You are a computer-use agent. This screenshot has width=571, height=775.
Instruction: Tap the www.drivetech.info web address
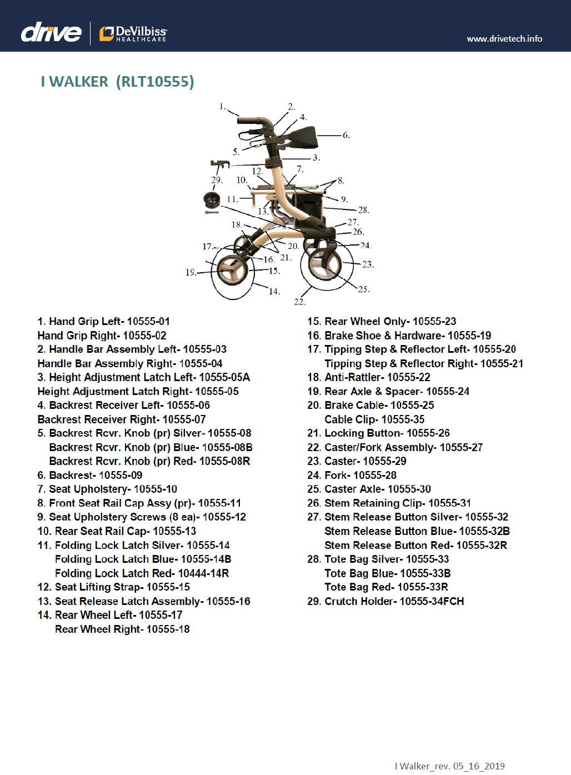coord(504,39)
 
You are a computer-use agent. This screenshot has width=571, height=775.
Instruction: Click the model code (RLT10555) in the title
coord(155,82)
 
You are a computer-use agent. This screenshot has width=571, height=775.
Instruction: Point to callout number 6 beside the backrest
coord(346,135)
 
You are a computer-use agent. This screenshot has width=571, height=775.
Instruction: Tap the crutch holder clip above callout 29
coord(220,164)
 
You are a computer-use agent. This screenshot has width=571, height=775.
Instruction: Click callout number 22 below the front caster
coord(299,302)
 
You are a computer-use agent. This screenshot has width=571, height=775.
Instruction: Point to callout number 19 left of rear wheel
coord(191,272)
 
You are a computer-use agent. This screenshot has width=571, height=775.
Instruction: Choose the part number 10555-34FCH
coord(432,602)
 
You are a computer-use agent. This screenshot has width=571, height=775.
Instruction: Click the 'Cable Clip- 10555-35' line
coord(374,419)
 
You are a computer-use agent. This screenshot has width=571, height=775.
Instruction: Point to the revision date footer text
coord(449,766)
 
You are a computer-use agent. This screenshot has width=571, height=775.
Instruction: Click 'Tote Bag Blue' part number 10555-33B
coord(425,573)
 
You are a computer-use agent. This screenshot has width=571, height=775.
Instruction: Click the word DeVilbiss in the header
coord(141,31)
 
